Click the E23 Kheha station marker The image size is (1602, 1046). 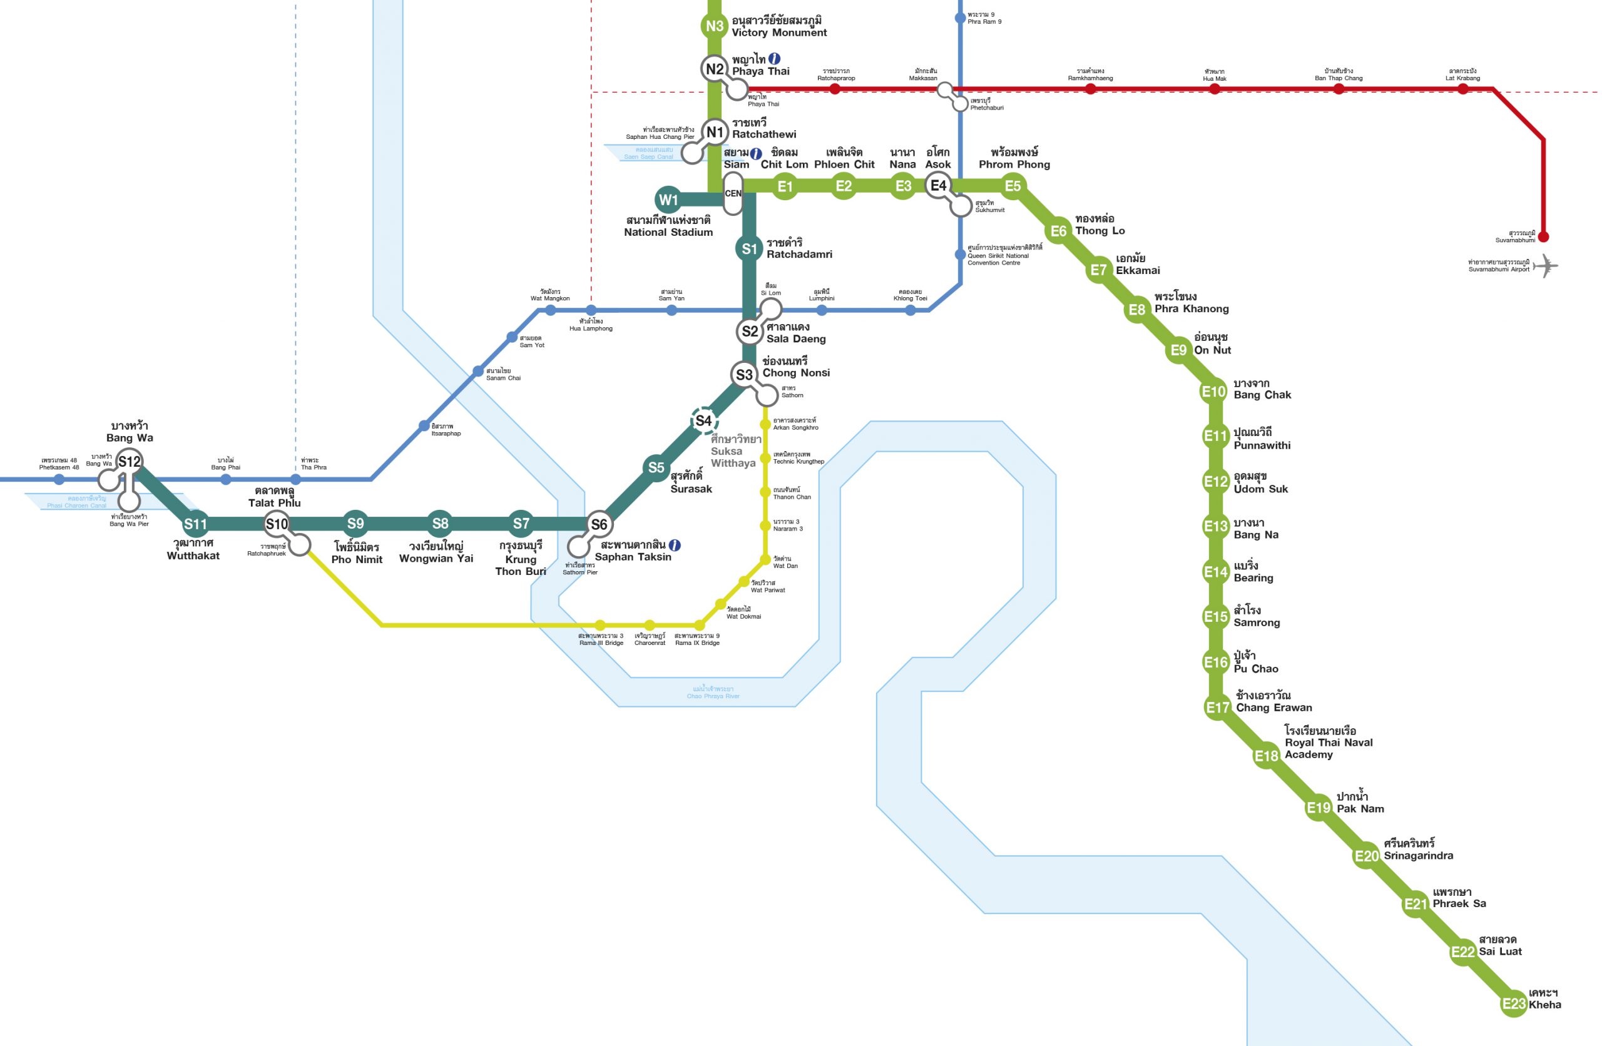click(1513, 1004)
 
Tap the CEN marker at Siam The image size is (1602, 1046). click(732, 193)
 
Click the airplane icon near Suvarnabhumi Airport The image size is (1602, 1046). click(1546, 266)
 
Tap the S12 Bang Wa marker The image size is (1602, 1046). click(130, 462)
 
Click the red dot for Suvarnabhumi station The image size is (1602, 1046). click(1543, 237)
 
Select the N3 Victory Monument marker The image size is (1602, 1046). click(714, 26)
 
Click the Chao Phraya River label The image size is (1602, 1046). click(713, 693)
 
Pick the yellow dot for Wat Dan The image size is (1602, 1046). click(765, 560)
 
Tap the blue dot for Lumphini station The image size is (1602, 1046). click(821, 310)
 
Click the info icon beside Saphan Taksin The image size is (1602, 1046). click(675, 546)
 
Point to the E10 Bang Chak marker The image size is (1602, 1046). click(1213, 392)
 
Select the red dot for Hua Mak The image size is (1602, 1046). click(1214, 89)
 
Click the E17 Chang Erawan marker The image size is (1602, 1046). click(1217, 708)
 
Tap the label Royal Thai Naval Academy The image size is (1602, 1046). click(1328, 743)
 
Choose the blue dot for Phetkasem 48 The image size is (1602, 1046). click(59, 479)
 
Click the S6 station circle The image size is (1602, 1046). click(598, 524)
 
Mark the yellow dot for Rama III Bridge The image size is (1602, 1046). click(600, 626)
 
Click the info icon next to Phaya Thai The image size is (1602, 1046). click(774, 59)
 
